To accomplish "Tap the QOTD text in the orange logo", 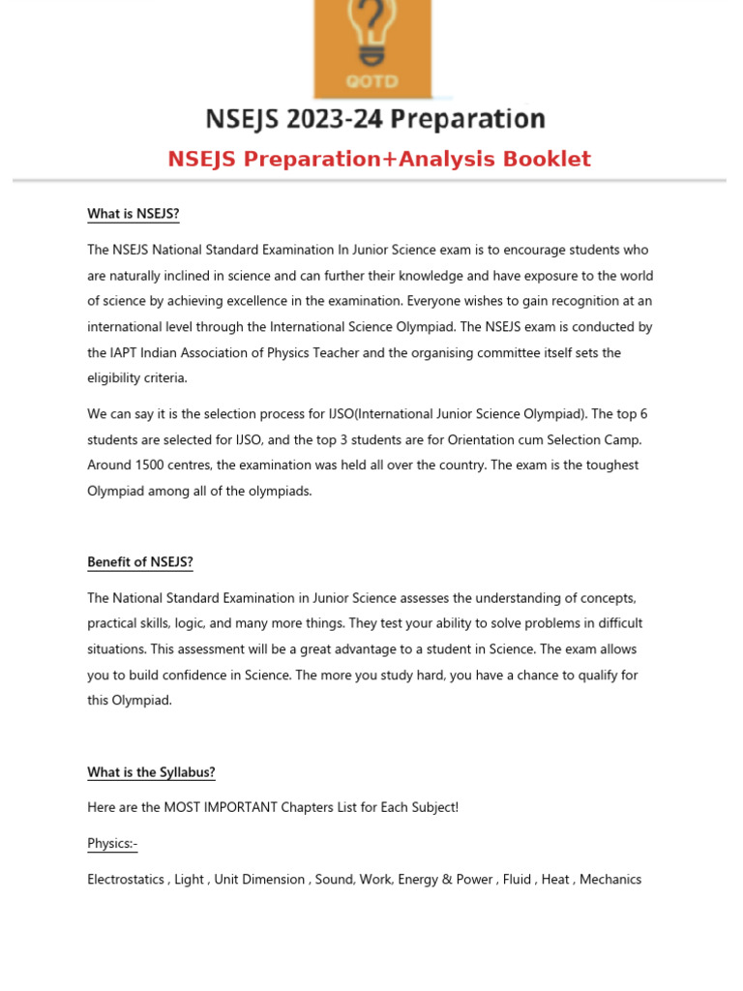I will pyautogui.click(x=371, y=81).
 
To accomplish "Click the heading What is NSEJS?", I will pyautogui.click(x=133, y=214).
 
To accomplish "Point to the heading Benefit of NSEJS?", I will pyautogui.click(x=140, y=562).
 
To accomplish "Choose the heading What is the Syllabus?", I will pyautogui.click(x=151, y=772).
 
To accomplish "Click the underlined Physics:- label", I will pyautogui.click(x=112, y=844).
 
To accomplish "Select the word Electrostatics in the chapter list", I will pyautogui.click(x=126, y=880).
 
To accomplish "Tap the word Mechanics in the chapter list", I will pyautogui.click(x=610, y=880).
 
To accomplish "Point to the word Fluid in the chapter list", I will pyautogui.click(x=517, y=880).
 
